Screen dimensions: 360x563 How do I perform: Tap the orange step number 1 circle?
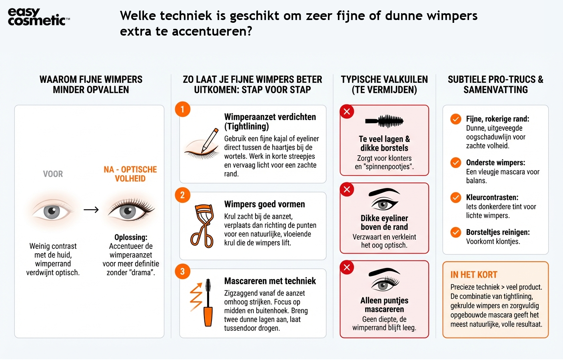(182, 109)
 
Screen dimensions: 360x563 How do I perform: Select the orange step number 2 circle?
(182, 195)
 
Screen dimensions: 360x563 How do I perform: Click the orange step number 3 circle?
(182, 272)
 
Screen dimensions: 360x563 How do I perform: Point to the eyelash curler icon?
(203, 226)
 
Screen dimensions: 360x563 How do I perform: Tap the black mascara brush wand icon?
(384, 120)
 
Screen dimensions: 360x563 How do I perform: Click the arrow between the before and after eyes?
(91, 210)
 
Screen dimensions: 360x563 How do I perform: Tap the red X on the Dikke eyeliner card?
(347, 189)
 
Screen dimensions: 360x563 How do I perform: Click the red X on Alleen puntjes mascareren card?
(347, 267)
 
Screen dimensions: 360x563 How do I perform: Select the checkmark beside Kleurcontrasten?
(455, 198)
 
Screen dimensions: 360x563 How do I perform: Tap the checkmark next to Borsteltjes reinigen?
(455, 232)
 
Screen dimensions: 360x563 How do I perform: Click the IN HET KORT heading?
(474, 275)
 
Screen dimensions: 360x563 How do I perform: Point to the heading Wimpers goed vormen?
(264, 204)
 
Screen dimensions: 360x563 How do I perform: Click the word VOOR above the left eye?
(53, 174)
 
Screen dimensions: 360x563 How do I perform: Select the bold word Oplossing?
(131, 237)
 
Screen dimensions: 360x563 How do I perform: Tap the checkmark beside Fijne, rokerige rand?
(455, 119)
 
